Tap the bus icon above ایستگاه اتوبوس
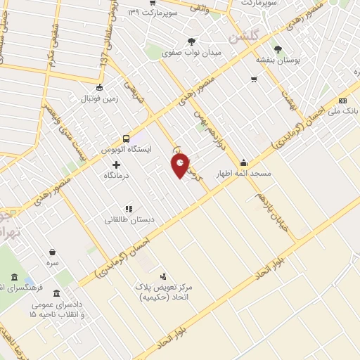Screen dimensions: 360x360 [x=126, y=139]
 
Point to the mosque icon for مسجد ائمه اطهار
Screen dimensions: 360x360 [x=243, y=161]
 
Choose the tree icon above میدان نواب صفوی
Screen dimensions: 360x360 [x=193, y=41]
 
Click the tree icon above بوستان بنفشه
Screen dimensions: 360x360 [x=278, y=49]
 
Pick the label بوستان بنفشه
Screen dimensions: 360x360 [x=278, y=60]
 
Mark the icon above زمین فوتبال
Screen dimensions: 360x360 [x=99, y=88]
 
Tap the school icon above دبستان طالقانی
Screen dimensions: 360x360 [x=128, y=209]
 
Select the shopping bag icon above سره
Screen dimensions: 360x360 [x=52, y=252]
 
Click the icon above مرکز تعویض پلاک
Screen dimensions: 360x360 [x=163, y=276]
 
